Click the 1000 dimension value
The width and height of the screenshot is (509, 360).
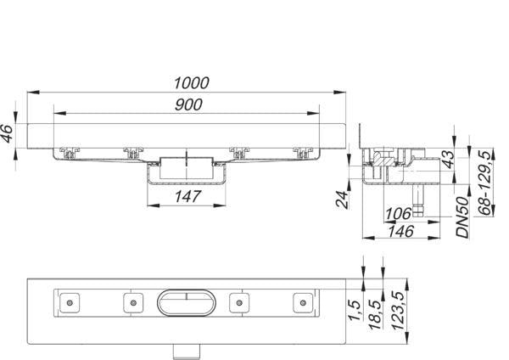click(192, 83)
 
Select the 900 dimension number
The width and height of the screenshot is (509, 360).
click(188, 104)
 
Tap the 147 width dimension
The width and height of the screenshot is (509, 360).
click(187, 197)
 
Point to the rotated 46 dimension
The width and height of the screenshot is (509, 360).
click(7, 133)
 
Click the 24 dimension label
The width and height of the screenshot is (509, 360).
click(342, 199)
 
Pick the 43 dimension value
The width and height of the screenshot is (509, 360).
click(450, 160)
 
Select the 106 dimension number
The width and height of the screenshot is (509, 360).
click(398, 213)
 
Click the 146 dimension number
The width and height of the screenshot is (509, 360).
click(401, 231)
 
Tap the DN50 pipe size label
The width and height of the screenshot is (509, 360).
click(462, 217)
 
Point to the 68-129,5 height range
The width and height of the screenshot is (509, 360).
click(485, 183)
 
